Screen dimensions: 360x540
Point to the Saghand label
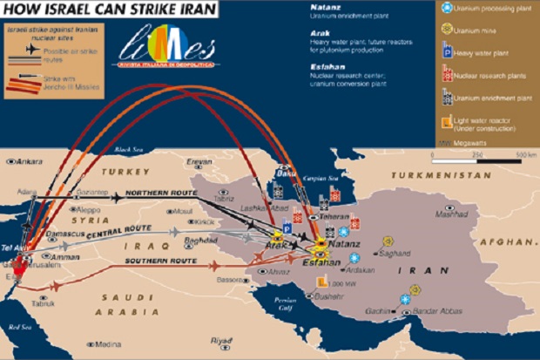[x=395, y=254]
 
